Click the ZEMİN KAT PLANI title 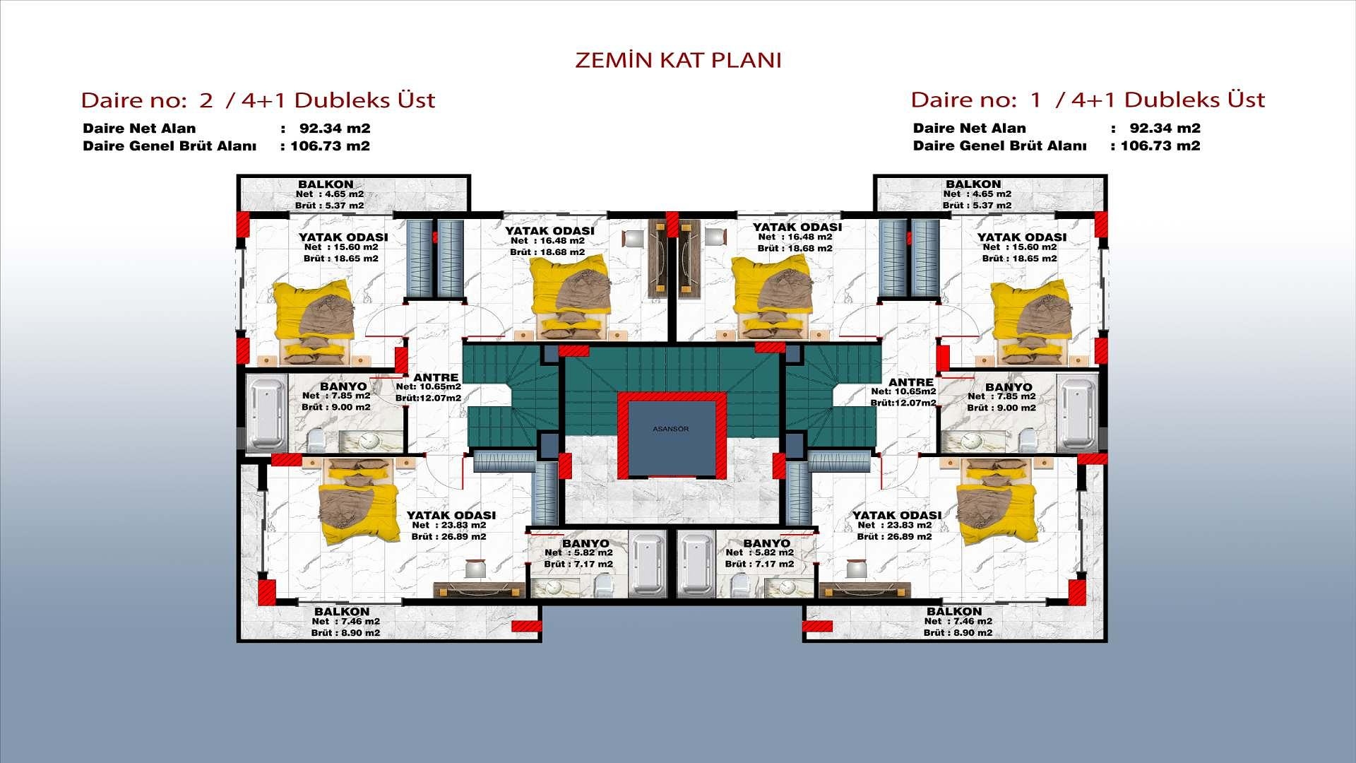click(x=678, y=60)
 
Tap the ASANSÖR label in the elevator click(x=670, y=429)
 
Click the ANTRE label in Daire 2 click(x=436, y=378)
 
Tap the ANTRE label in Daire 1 click(x=910, y=382)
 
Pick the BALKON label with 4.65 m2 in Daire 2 click(x=326, y=184)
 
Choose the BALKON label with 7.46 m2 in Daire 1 click(x=954, y=611)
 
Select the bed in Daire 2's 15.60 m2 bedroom click(x=313, y=322)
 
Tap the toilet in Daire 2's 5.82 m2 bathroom click(x=602, y=586)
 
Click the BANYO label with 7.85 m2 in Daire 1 click(x=1009, y=387)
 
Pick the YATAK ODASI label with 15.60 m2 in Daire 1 click(x=1021, y=237)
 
